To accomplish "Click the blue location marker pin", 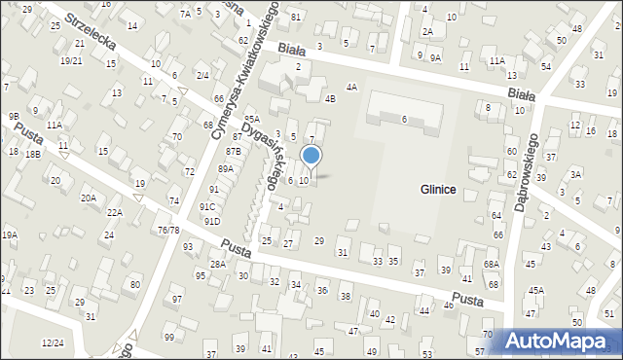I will pos(311,156).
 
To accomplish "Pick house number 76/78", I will pos(168,230).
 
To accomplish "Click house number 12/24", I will pos(53,342).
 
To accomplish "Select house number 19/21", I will pos(71,60).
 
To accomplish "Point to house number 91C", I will pos(207,206).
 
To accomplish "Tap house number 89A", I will pos(226,169).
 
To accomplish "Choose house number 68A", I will pos(492,265).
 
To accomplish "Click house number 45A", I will pos(536,290).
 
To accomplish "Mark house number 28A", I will pos(218,264).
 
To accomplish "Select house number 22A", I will pos(115,212).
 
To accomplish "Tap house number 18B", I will pos(33,154).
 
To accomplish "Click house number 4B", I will pos(330,98).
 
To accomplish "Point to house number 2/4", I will pos(202,75).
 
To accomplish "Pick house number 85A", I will pos(252,119).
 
